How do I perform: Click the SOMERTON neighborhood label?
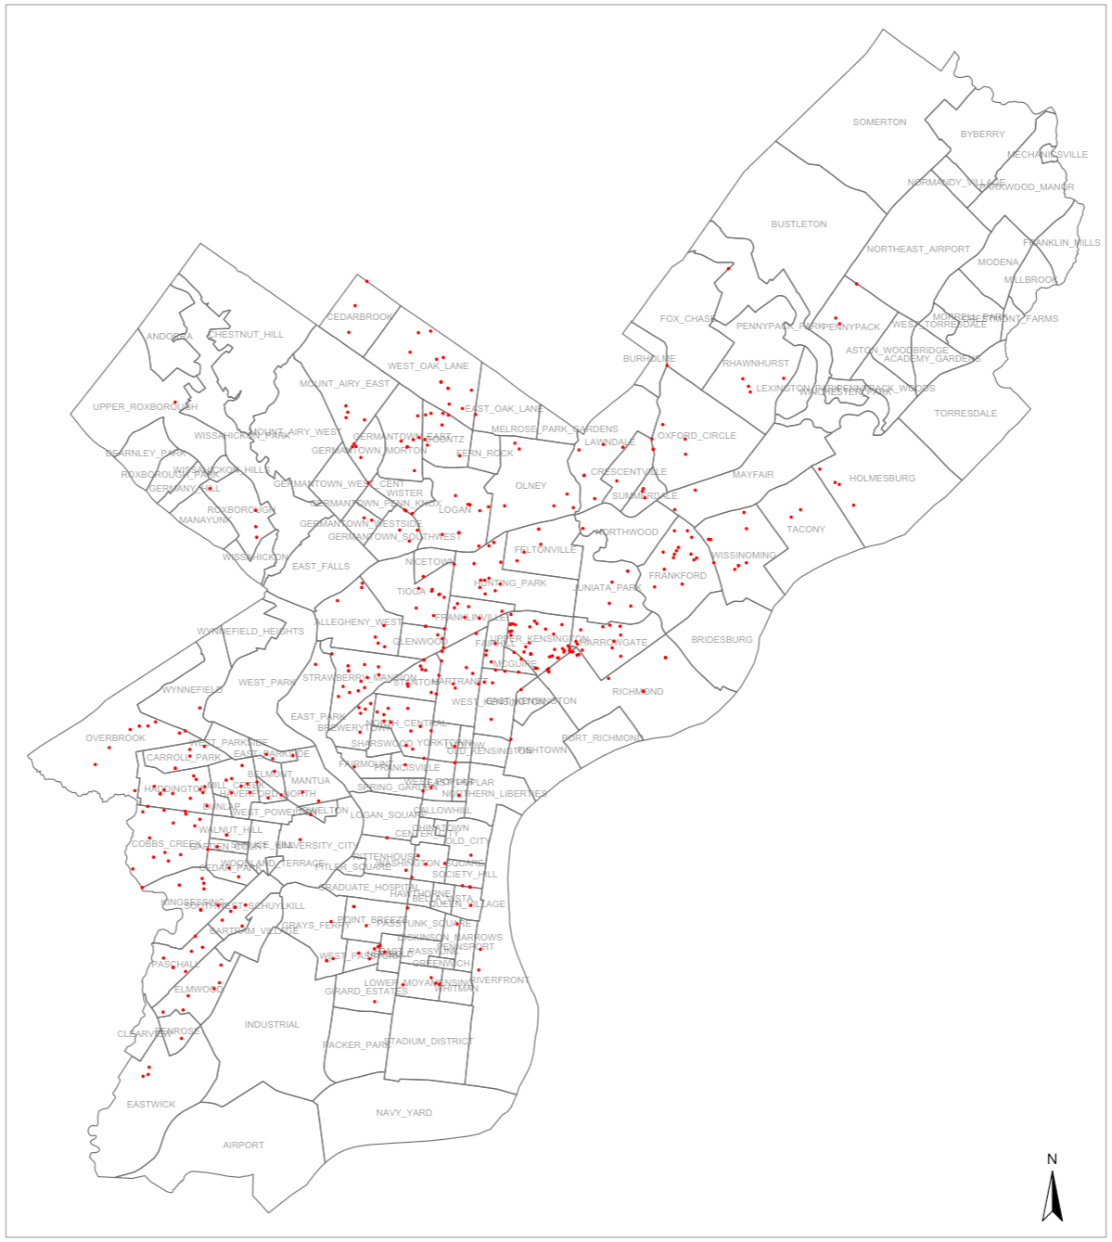pyautogui.click(x=879, y=122)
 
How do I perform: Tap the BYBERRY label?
pyautogui.click(x=982, y=134)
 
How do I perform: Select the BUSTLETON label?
pyautogui.click(x=799, y=224)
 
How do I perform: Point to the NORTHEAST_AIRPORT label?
pyautogui.click(x=918, y=250)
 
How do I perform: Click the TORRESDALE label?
pyautogui.click(x=965, y=414)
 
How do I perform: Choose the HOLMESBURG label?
pyautogui.click(x=882, y=479)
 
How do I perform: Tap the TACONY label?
pyautogui.click(x=805, y=530)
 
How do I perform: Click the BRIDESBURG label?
pyautogui.click(x=722, y=640)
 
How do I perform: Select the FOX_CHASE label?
pyautogui.click(x=687, y=319)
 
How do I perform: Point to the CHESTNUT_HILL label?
pyautogui.click(x=246, y=335)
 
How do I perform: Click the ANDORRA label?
pyautogui.click(x=169, y=337)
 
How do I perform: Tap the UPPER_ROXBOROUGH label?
pyautogui.click(x=145, y=407)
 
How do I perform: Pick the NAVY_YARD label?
pyautogui.click(x=403, y=1113)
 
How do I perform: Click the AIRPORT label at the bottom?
pyautogui.click(x=243, y=1146)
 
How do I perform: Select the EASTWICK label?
pyautogui.click(x=150, y=1105)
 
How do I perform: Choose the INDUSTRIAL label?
pyautogui.click(x=272, y=1025)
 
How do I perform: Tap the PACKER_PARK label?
pyautogui.click(x=356, y=1045)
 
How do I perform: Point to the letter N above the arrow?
pyautogui.click(x=1052, y=1159)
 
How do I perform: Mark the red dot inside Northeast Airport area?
pyautogui.click(x=856, y=284)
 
